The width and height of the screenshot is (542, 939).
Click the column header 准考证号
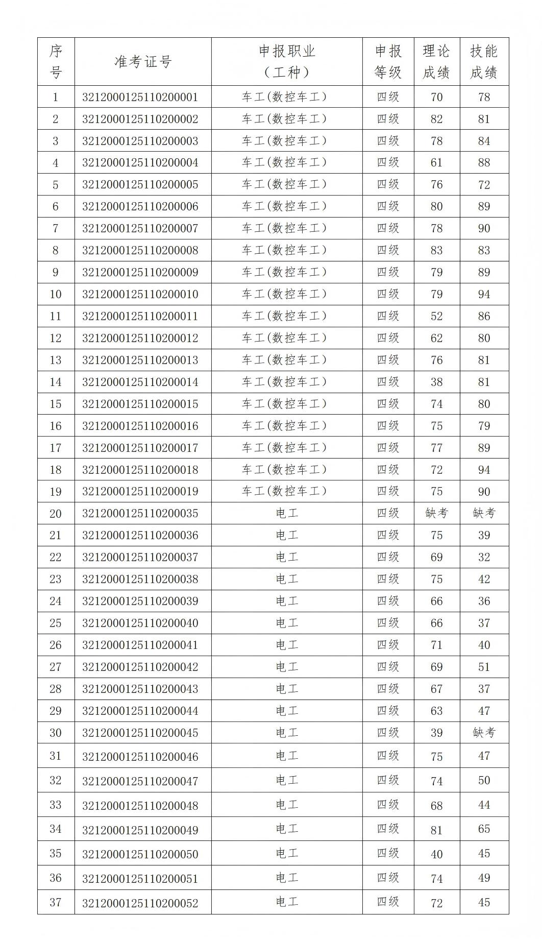pyautogui.click(x=143, y=62)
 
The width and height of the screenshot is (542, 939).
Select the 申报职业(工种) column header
pyautogui.click(x=287, y=62)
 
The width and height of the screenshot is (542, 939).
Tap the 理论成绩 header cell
pyautogui.click(x=436, y=62)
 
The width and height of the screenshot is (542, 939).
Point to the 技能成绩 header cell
pyautogui.click(x=484, y=62)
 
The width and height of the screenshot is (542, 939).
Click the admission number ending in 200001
pyautogui.click(x=140, y=97)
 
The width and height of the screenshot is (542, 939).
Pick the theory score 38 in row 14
pyautogui.click(x=436, y=382)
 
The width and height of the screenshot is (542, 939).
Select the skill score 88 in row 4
pyautogui.click(x=484, y=162)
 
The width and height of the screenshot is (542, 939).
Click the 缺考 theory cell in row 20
pyautogui.click(x=436, y=513)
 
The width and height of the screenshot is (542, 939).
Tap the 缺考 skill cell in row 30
pyautogui.click(x=484, y=733)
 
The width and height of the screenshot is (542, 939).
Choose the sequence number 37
pyautogui.click(x=56, y=902)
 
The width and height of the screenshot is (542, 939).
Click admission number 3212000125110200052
pyautogui.click(x=140, y=903)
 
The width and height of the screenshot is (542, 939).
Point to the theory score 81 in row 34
pyautogui.click(x=436, y=830)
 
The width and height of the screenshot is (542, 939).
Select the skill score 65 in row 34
pyautogui.click(x=484, y=829)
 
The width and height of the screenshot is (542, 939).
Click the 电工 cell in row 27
pyautogui.click(x=287, y=667)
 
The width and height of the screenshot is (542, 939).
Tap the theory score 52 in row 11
pyautogui.click(x=436, y=316)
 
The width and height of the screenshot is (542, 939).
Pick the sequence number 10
pyautogui.click(x=56, y=294)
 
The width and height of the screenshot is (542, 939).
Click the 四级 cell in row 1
pyautogui.click(x=388, y=97)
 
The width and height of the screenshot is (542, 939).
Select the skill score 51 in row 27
pyautogui.click(x=484, y=667)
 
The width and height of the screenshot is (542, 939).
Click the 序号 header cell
pyautogui.click(x=56, y=62)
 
